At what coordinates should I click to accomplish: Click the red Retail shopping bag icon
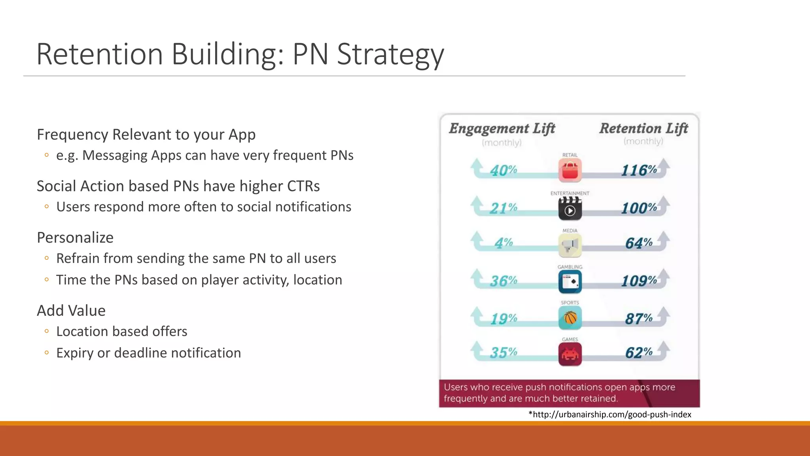point(570,170)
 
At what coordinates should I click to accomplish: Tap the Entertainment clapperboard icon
point(570,208)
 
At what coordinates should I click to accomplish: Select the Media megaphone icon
point(570,245)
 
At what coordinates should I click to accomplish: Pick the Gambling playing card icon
point(570,281)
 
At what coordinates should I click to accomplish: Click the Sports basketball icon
point(570,317)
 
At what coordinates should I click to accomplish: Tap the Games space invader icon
point(570,353)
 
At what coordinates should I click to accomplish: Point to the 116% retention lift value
point(639,170)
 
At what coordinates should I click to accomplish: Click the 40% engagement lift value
point(503,170)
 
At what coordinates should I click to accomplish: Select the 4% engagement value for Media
point(503,243)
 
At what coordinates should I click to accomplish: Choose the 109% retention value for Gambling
point(639,281)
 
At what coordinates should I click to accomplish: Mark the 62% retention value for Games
point(639,352)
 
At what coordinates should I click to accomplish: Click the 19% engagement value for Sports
point(503,318)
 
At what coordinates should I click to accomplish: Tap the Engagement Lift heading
point(502,129)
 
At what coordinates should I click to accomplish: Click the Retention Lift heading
point(643,128)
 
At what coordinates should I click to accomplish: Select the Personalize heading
point(75,237)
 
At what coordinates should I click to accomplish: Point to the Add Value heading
point(71,311)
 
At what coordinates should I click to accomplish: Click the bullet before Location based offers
point(47,331)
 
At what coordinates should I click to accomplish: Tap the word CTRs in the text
point(303,186)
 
